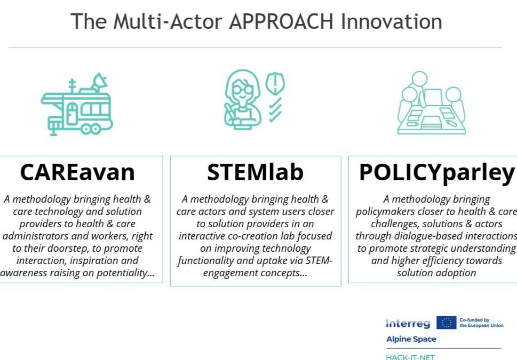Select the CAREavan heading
coord(77,172)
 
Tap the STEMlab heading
coord(255,172)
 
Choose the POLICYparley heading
coord(437,172)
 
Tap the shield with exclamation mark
coord(275,84)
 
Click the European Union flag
coord(446,322)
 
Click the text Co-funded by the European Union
coord(481,322)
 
